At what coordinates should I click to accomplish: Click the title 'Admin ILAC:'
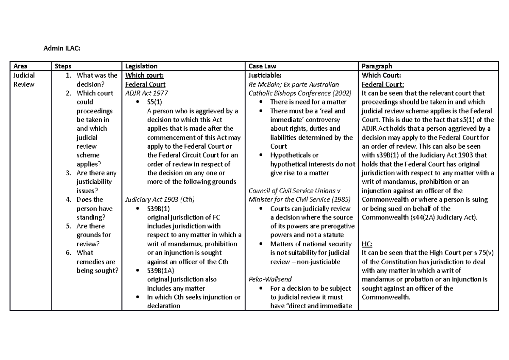pyautogui.click(x=62, y=49)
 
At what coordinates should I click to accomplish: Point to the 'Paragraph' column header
pyautogui.click(x=376, y=66)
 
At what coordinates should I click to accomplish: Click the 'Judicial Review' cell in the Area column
pyautogui.click(x=24, y=80)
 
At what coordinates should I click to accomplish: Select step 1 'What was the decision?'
pyautogui.click(x=96, y=80)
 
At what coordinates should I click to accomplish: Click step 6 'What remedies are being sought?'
pyautogui.click(x=97, y=262)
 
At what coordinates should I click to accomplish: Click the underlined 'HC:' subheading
pyautogui.click(x=366, y=244)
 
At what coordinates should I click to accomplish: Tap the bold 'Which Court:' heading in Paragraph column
pyautogui.click(x=378, y=75)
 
